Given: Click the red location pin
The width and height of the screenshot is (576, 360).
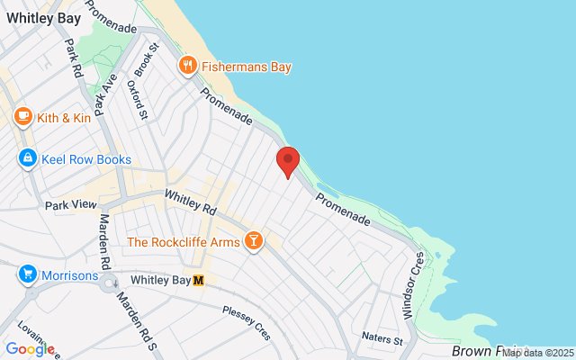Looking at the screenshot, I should (x=287, y=161).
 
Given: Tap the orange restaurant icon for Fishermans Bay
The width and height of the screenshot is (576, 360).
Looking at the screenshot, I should (x=188, y=65).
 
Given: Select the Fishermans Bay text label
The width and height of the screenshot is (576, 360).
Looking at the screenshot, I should (x=247, y=66).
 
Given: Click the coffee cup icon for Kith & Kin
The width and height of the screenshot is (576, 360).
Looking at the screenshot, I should (x=23, y=116).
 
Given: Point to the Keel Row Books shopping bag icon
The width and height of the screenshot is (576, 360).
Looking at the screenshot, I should (x=28, y=159).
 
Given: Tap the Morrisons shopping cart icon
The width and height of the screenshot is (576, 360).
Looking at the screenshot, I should (x=28, y=274).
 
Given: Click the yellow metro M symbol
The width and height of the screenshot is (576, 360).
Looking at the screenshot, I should (x=199, y=280).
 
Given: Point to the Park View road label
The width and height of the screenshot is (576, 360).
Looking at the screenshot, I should (x=70, y=205).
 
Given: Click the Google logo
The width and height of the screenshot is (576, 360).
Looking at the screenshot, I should (x=30, y=349).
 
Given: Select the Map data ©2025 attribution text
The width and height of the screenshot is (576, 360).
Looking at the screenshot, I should (x=537, y=352).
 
